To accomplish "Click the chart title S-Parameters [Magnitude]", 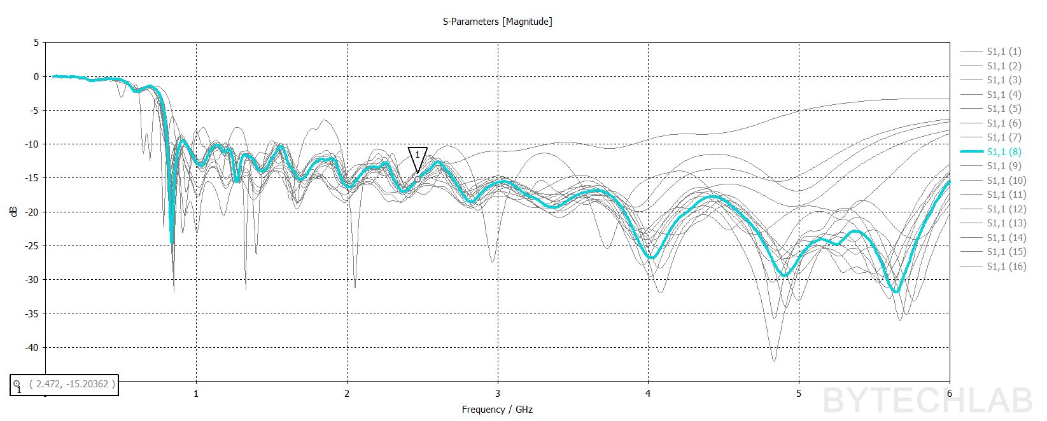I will [497, 22].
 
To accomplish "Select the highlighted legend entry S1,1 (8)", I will [1004, 151].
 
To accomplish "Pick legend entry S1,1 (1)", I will [1004, 52].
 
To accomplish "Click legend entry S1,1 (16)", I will [1006, 266].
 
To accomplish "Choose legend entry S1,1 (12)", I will [1006, 209].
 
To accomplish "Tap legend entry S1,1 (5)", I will [1004, 109].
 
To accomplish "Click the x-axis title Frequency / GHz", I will [497, 410].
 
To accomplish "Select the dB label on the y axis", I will [14, 211].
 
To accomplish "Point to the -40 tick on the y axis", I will [31, 347].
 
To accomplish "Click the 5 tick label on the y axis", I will [36, 43].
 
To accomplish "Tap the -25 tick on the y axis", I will [31, 245].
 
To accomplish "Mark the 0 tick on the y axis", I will [36, 76].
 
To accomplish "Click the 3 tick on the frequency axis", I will [498, 393].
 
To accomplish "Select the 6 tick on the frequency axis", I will [950, 393].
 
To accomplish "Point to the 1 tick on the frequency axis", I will [196, 393].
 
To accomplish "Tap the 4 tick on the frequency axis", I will [648, 393].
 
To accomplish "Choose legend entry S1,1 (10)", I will [1006, 180].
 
